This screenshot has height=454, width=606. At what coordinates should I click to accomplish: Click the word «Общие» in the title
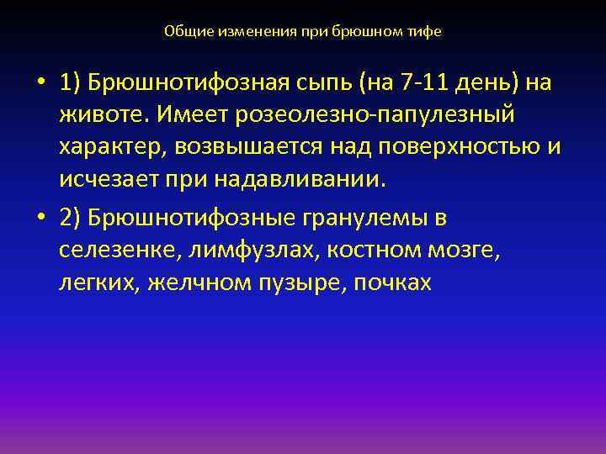tap(183, 31)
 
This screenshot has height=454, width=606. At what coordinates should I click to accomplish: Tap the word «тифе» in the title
tap(425, 31)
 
